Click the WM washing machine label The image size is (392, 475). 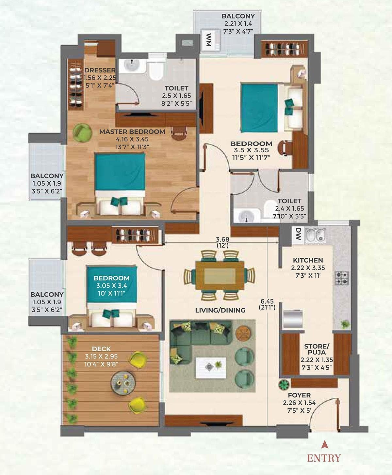208,40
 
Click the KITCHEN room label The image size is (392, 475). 308,260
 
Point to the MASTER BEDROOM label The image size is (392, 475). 132,132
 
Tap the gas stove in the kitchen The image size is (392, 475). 342,278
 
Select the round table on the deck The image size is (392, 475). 123,382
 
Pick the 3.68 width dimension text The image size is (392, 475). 222,239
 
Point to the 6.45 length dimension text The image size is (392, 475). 267,301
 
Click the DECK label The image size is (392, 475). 101,349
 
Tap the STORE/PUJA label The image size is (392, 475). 317,349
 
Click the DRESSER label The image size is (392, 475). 100,70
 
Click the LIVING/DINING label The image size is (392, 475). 220,310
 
